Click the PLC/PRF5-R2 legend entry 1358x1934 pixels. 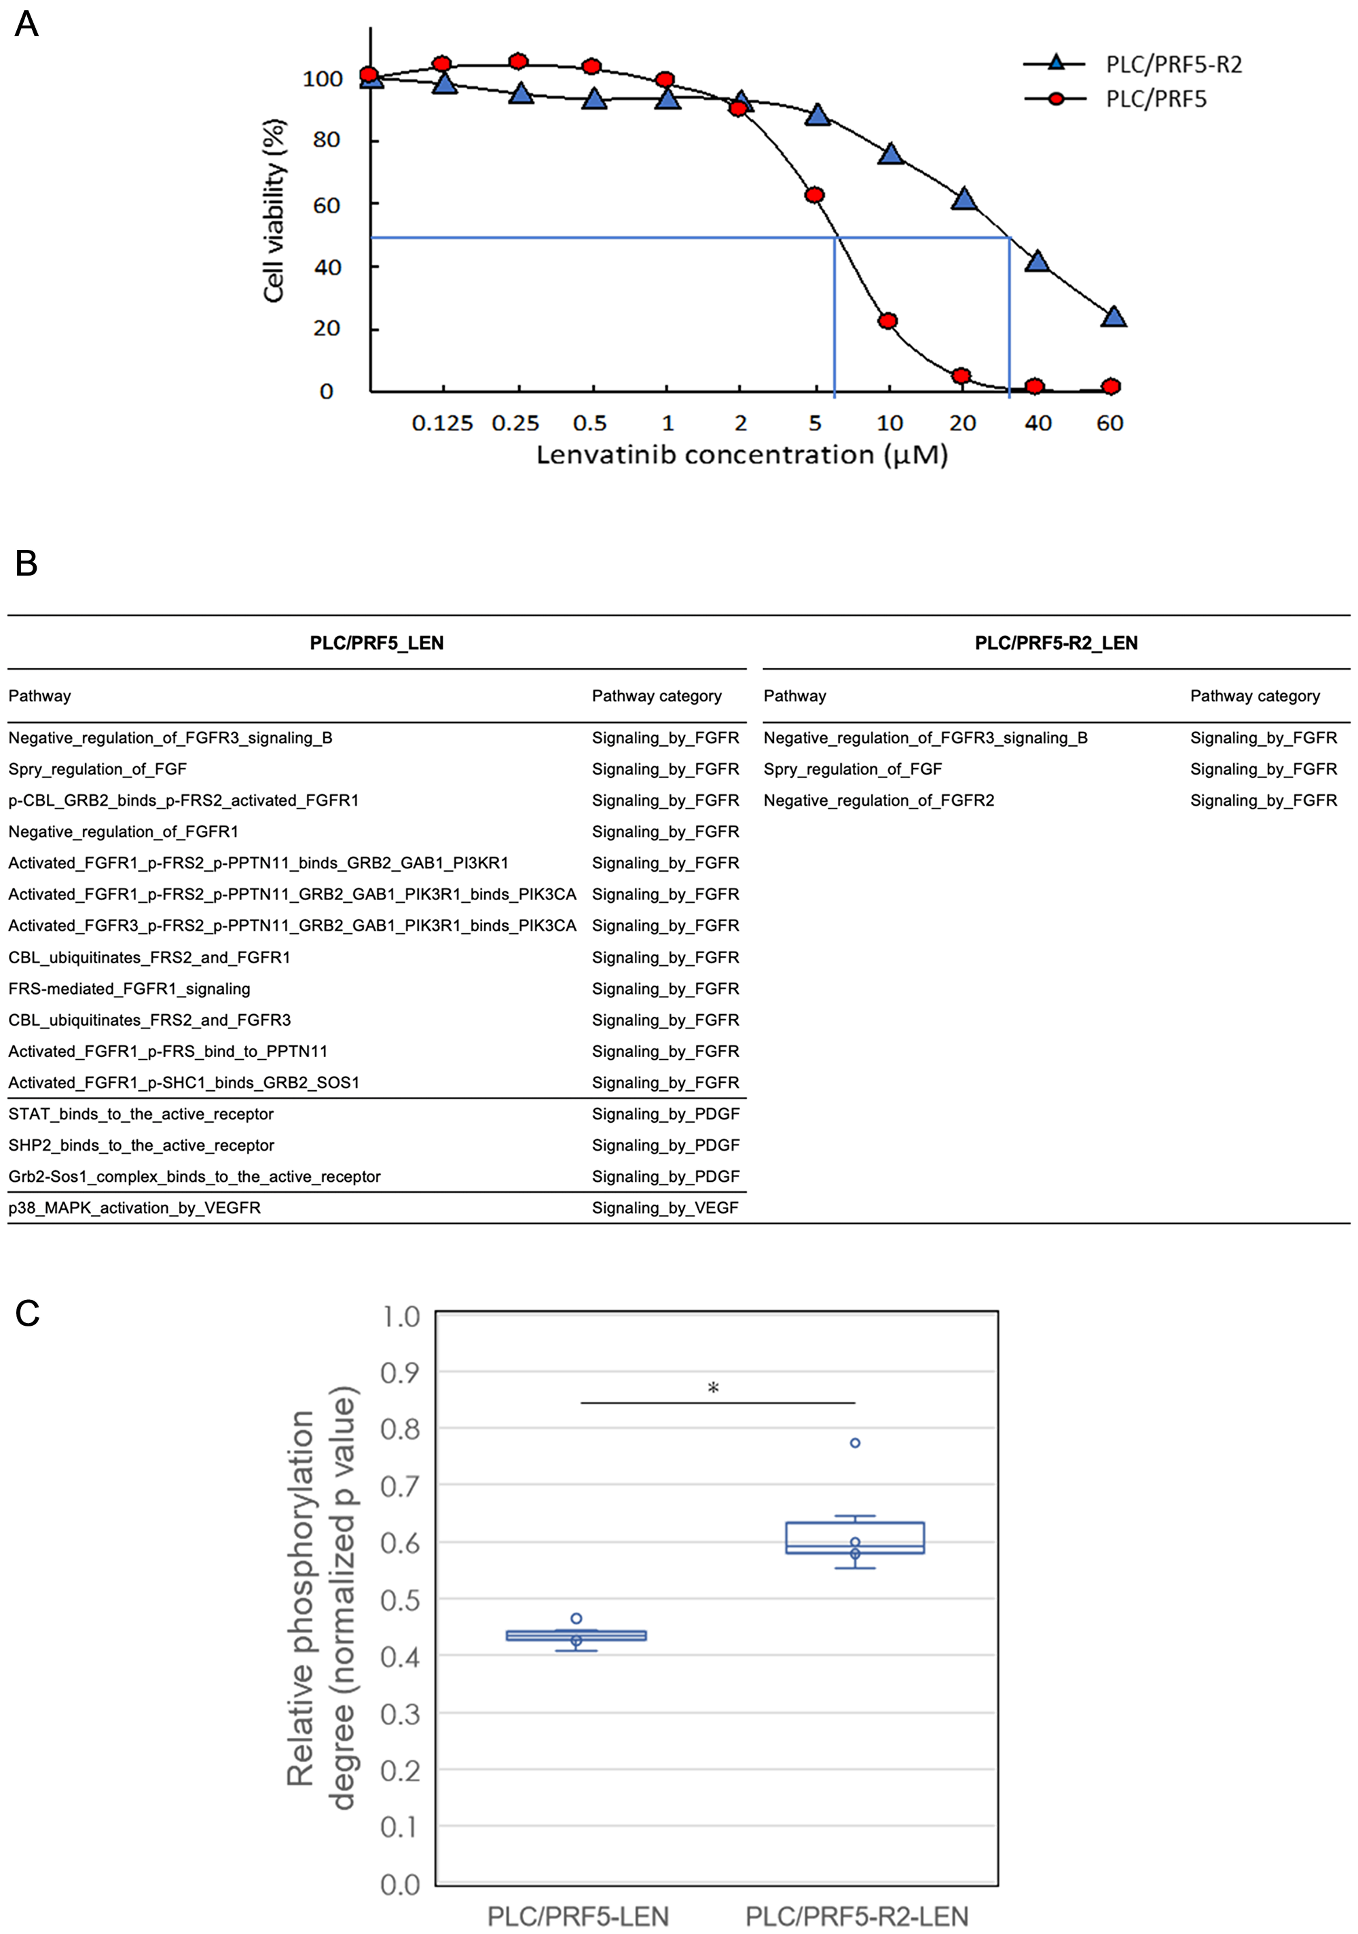(1173, 64)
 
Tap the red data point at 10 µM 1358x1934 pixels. (887, 321)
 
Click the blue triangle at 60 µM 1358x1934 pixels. (1114, 317)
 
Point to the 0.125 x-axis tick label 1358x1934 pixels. (442, 423)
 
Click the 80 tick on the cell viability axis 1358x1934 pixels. (326, 140)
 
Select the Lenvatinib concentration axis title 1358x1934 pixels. (742, 455)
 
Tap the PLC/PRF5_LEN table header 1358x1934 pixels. (377, 643)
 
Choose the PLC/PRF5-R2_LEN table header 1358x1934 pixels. (1056, 643)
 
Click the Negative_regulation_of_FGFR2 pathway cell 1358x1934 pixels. (879, 800)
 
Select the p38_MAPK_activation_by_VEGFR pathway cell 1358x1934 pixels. (135, 1208)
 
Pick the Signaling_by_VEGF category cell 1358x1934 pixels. (665, 1208)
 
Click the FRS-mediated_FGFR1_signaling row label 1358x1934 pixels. (129, 989)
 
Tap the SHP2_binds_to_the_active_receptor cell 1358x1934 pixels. (141, 1146)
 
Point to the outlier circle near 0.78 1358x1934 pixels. (855, 1443)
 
